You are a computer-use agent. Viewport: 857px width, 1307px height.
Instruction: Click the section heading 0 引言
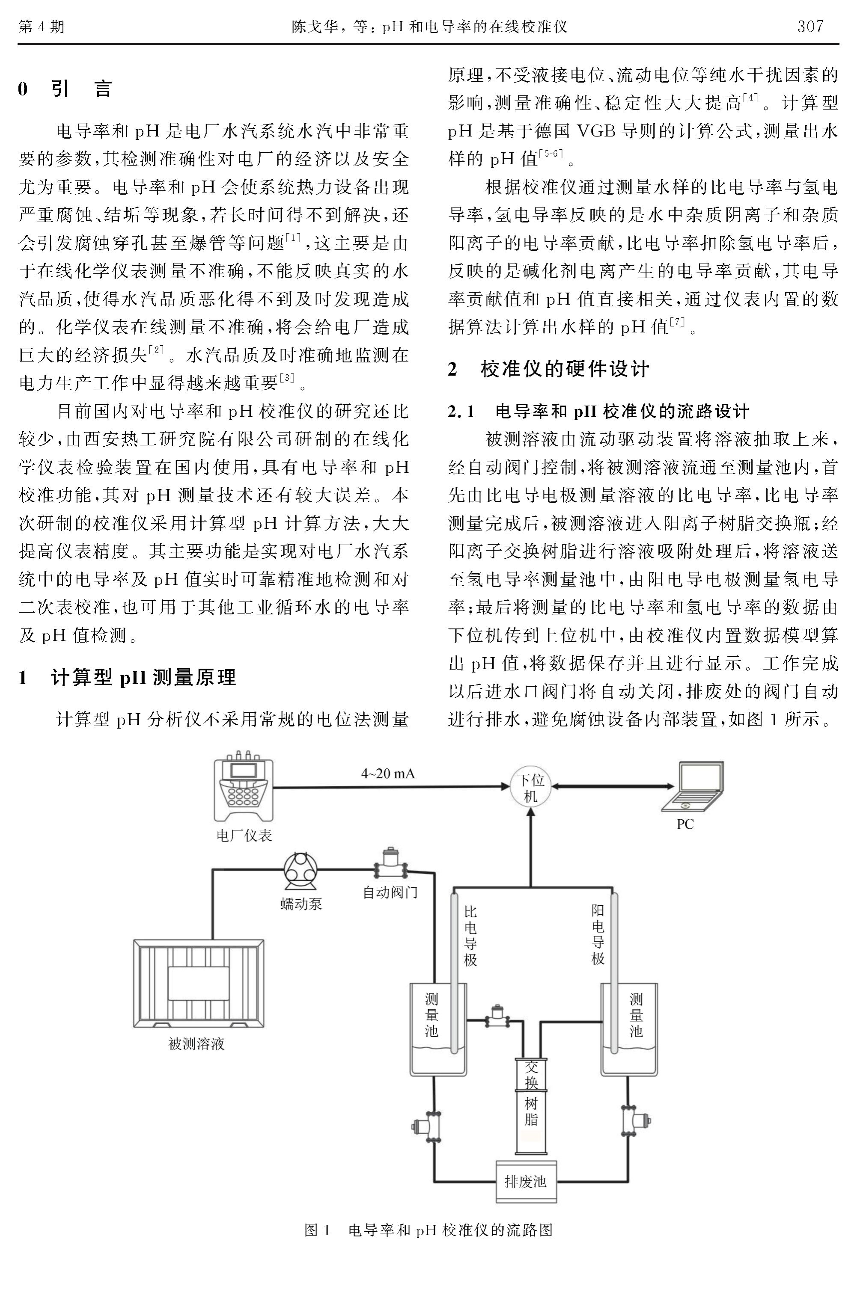pos(65,89)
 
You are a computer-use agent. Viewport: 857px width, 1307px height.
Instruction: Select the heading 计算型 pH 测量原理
pos(144,678)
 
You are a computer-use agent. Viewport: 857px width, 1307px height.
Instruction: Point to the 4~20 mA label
pos(388,774)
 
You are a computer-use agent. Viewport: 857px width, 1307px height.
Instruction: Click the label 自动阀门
pos(390,892)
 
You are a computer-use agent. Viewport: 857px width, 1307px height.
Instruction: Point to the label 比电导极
pos(470,936)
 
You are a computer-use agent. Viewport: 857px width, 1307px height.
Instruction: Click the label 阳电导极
pos(598,935)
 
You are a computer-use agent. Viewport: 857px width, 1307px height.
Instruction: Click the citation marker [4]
pos(750,98)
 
